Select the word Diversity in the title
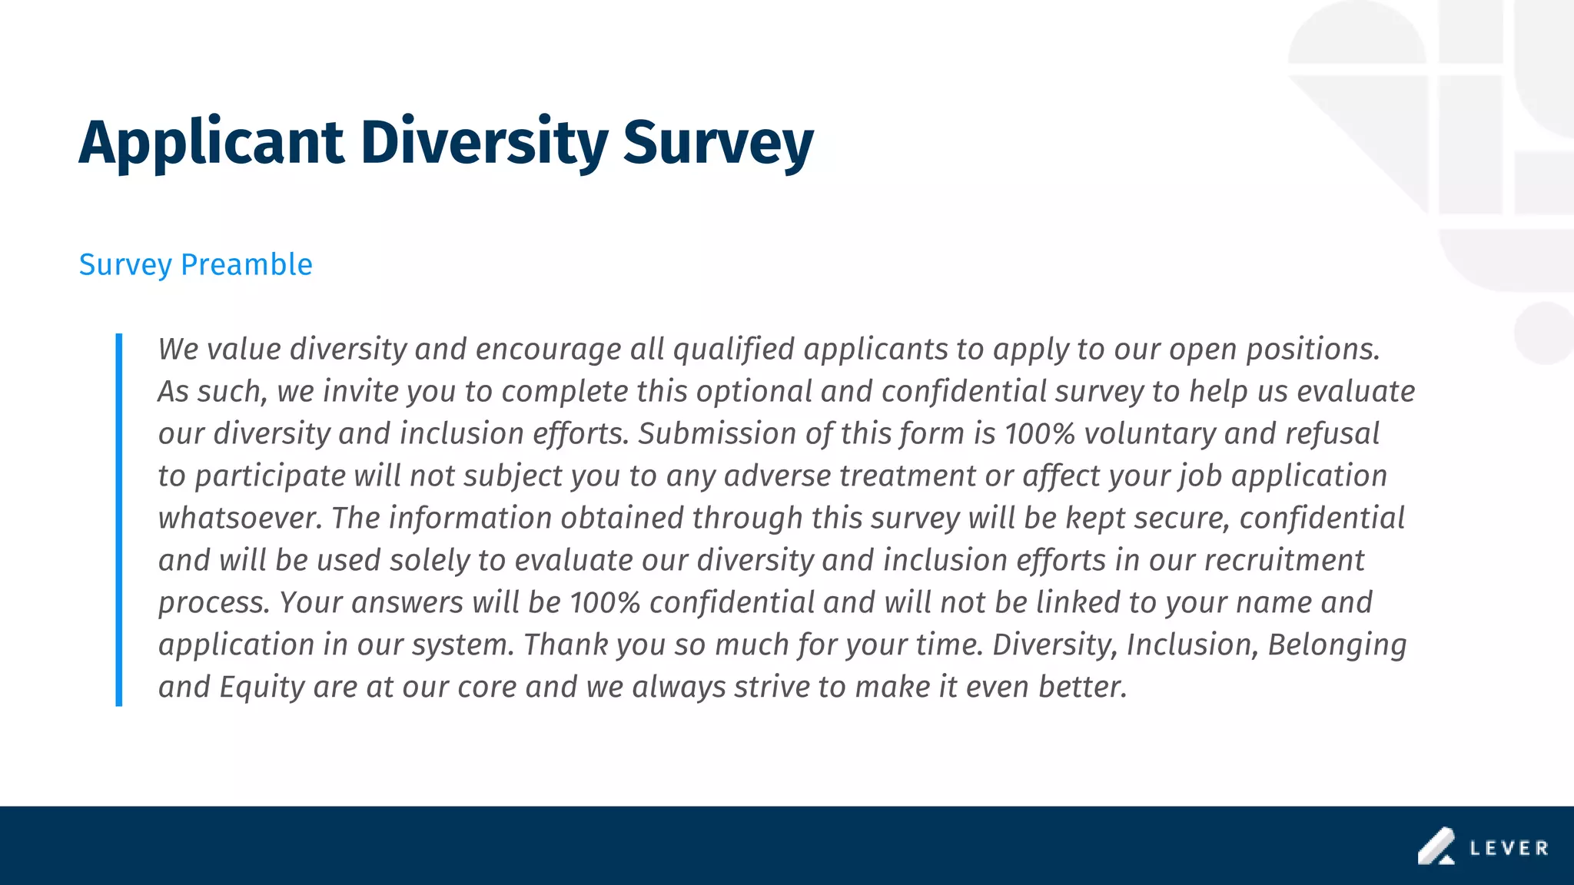484,144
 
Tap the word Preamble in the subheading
246,265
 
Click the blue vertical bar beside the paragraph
119,519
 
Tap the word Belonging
1337,645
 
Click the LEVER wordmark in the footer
1509,848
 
